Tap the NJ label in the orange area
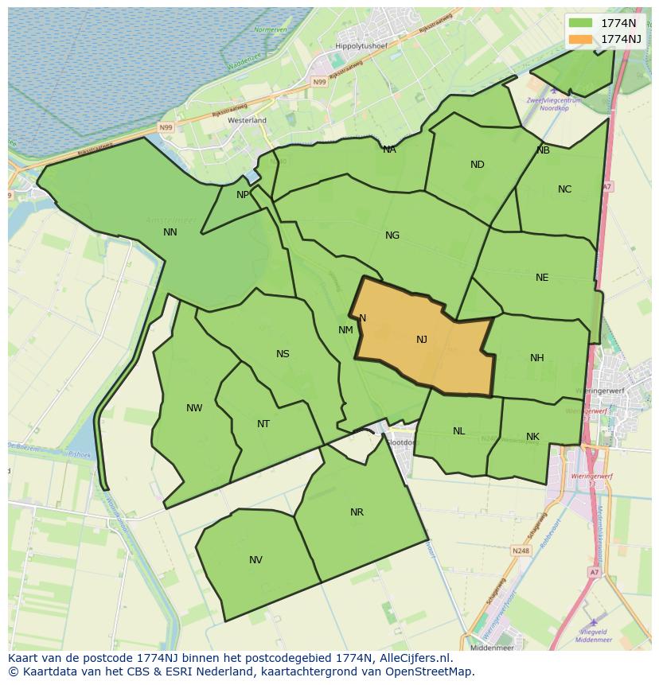(x=422, y=340)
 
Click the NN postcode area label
(x=170, y=232)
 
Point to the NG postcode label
(x=392, y=235)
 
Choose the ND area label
(x=478, y=165)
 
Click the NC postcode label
(x=564, y=189)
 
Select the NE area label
(x=542, y=278)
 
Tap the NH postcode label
(x=537, y=358)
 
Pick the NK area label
(x=532, y=437)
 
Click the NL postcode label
(x=459, y=431)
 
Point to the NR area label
(x=357, y=512)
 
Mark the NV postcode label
(x=255, y=560)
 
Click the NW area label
(x=194, y=408)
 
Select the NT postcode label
(x=263, y=424)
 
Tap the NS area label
(x=283, y=354)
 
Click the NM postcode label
(x=345, y=330)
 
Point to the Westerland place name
(x=247, y=120)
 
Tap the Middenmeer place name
(x=491, y=648)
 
